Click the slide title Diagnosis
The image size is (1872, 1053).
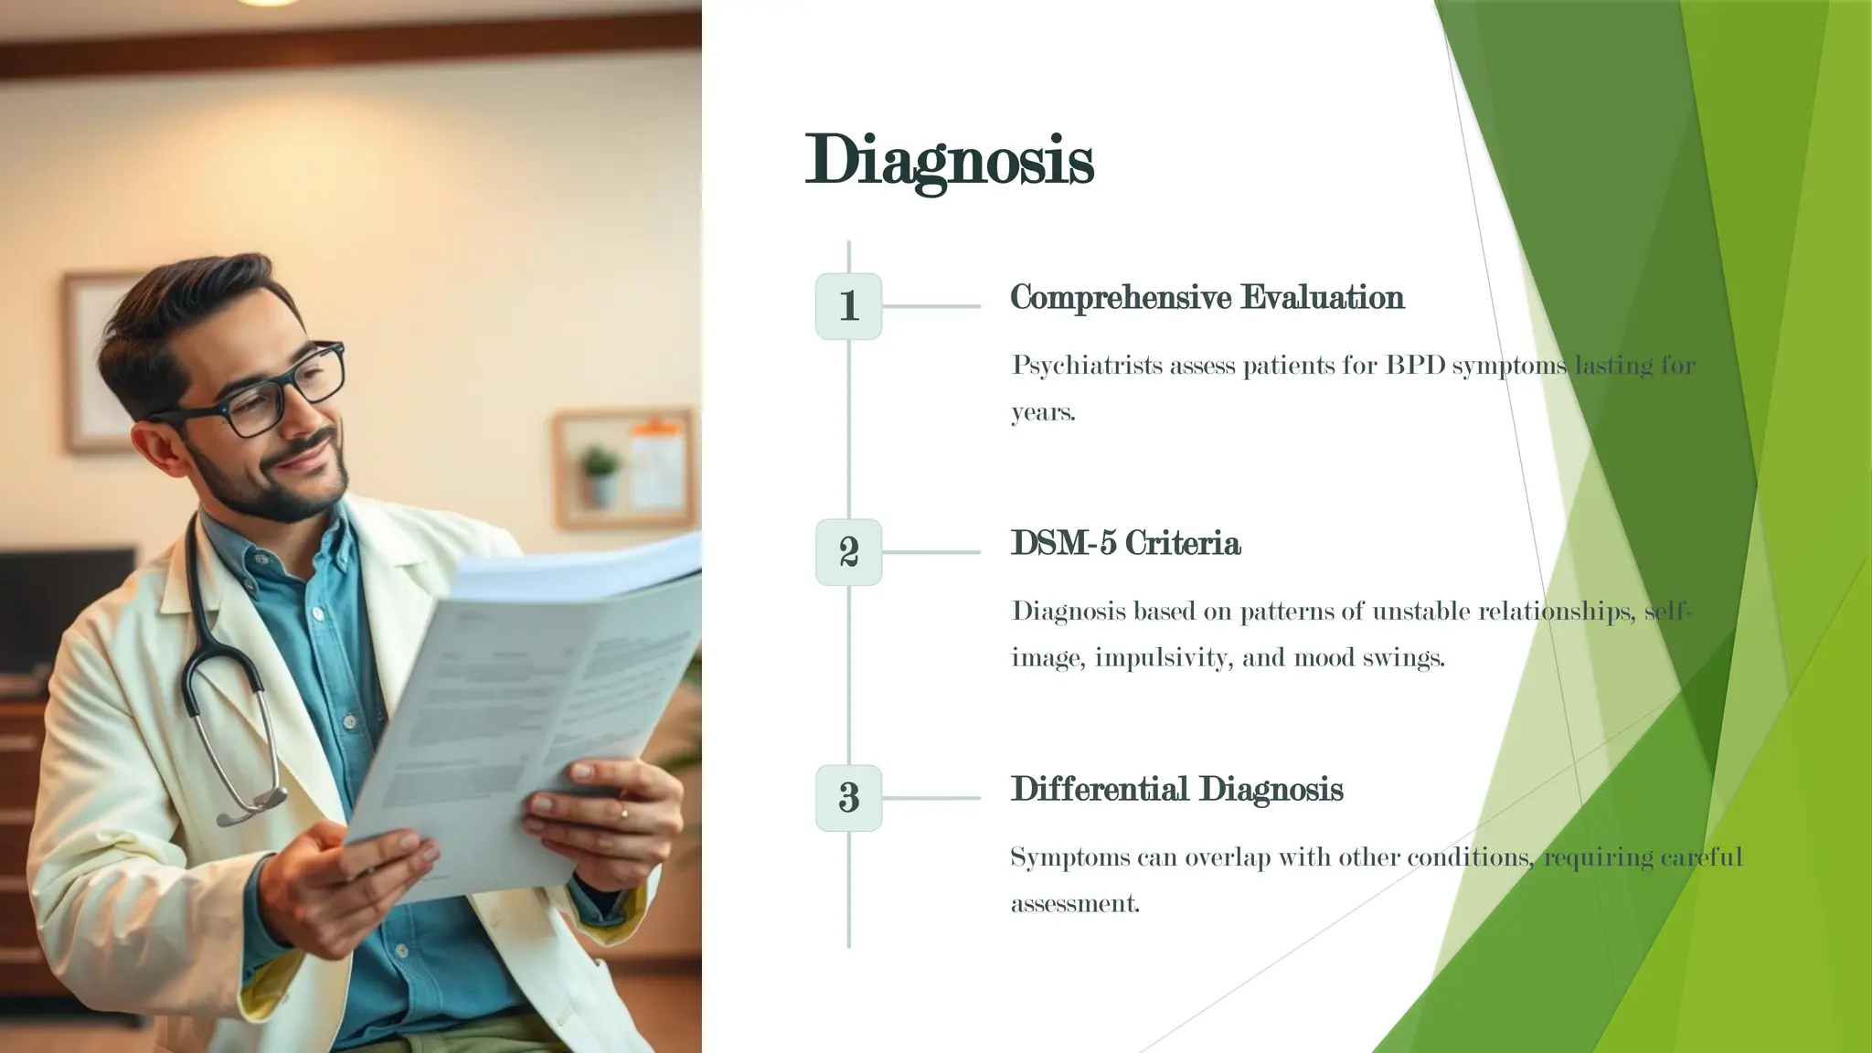[x=949, y=161]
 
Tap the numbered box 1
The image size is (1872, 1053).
[x=848, y=306]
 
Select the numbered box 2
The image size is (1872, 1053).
[x=848, y=552]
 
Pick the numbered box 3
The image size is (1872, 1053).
[x=848, y=798]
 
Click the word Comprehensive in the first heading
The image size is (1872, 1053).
[x=1120, y=298]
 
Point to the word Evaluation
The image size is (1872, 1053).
[x=1322, y=298]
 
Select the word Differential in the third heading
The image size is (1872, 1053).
[x=1100, y=790]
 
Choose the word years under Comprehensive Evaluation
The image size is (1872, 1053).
[x=1043, y=413]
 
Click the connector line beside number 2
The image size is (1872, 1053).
[x=931, y=552]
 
